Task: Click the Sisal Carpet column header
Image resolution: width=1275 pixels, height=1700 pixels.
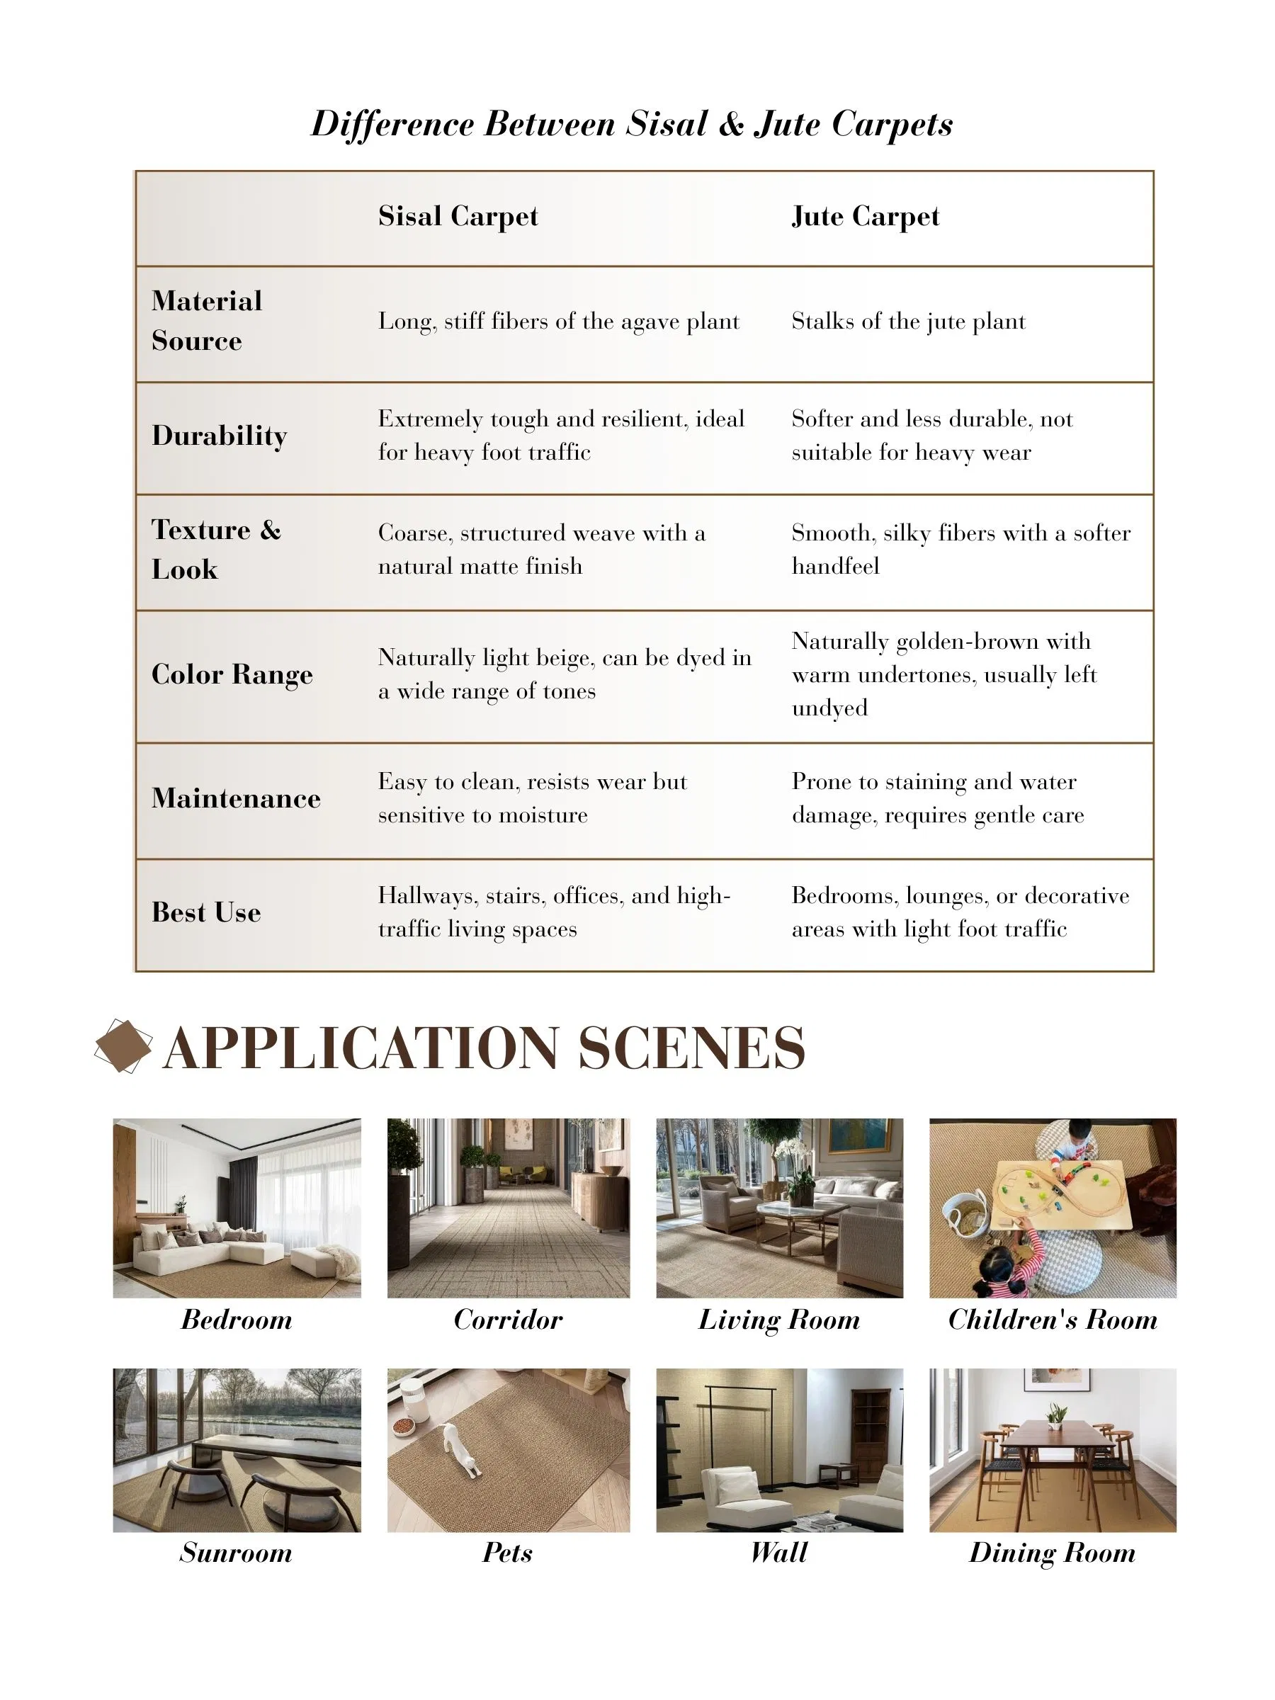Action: [x=458, y=216]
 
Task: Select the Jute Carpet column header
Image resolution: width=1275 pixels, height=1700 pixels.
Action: [x=865, y=216]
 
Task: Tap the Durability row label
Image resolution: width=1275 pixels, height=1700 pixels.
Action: [x=219, y=436]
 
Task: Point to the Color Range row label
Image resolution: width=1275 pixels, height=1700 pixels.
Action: [x=232, y=674]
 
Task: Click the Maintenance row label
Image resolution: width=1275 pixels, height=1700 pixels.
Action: [x=235, y=798]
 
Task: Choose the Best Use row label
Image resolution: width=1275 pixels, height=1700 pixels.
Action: [x=206, y=912]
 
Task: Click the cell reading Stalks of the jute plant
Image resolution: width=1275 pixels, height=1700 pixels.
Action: [x=907, y=322]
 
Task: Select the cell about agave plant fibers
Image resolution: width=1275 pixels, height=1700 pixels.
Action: [x=558, y=322]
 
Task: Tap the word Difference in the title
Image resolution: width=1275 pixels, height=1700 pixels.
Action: [x=391, y=125]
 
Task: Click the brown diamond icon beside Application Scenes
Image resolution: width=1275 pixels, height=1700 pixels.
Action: [x=123, y=1046]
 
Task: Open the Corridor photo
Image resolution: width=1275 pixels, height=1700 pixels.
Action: [x=508, y=1208]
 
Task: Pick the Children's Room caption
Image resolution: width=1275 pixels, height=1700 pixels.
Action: [x=1052, y=1320]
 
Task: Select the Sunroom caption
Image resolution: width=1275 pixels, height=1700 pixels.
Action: [x=236, y=1553]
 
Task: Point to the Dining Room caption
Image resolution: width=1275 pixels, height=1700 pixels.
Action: [x=1052, y=1553]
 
